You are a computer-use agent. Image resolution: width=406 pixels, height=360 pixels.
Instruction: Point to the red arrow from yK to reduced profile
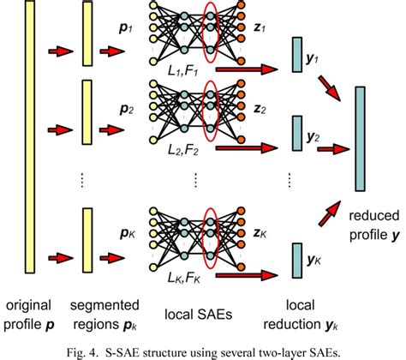pyautogui.click(x=331, y=209)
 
